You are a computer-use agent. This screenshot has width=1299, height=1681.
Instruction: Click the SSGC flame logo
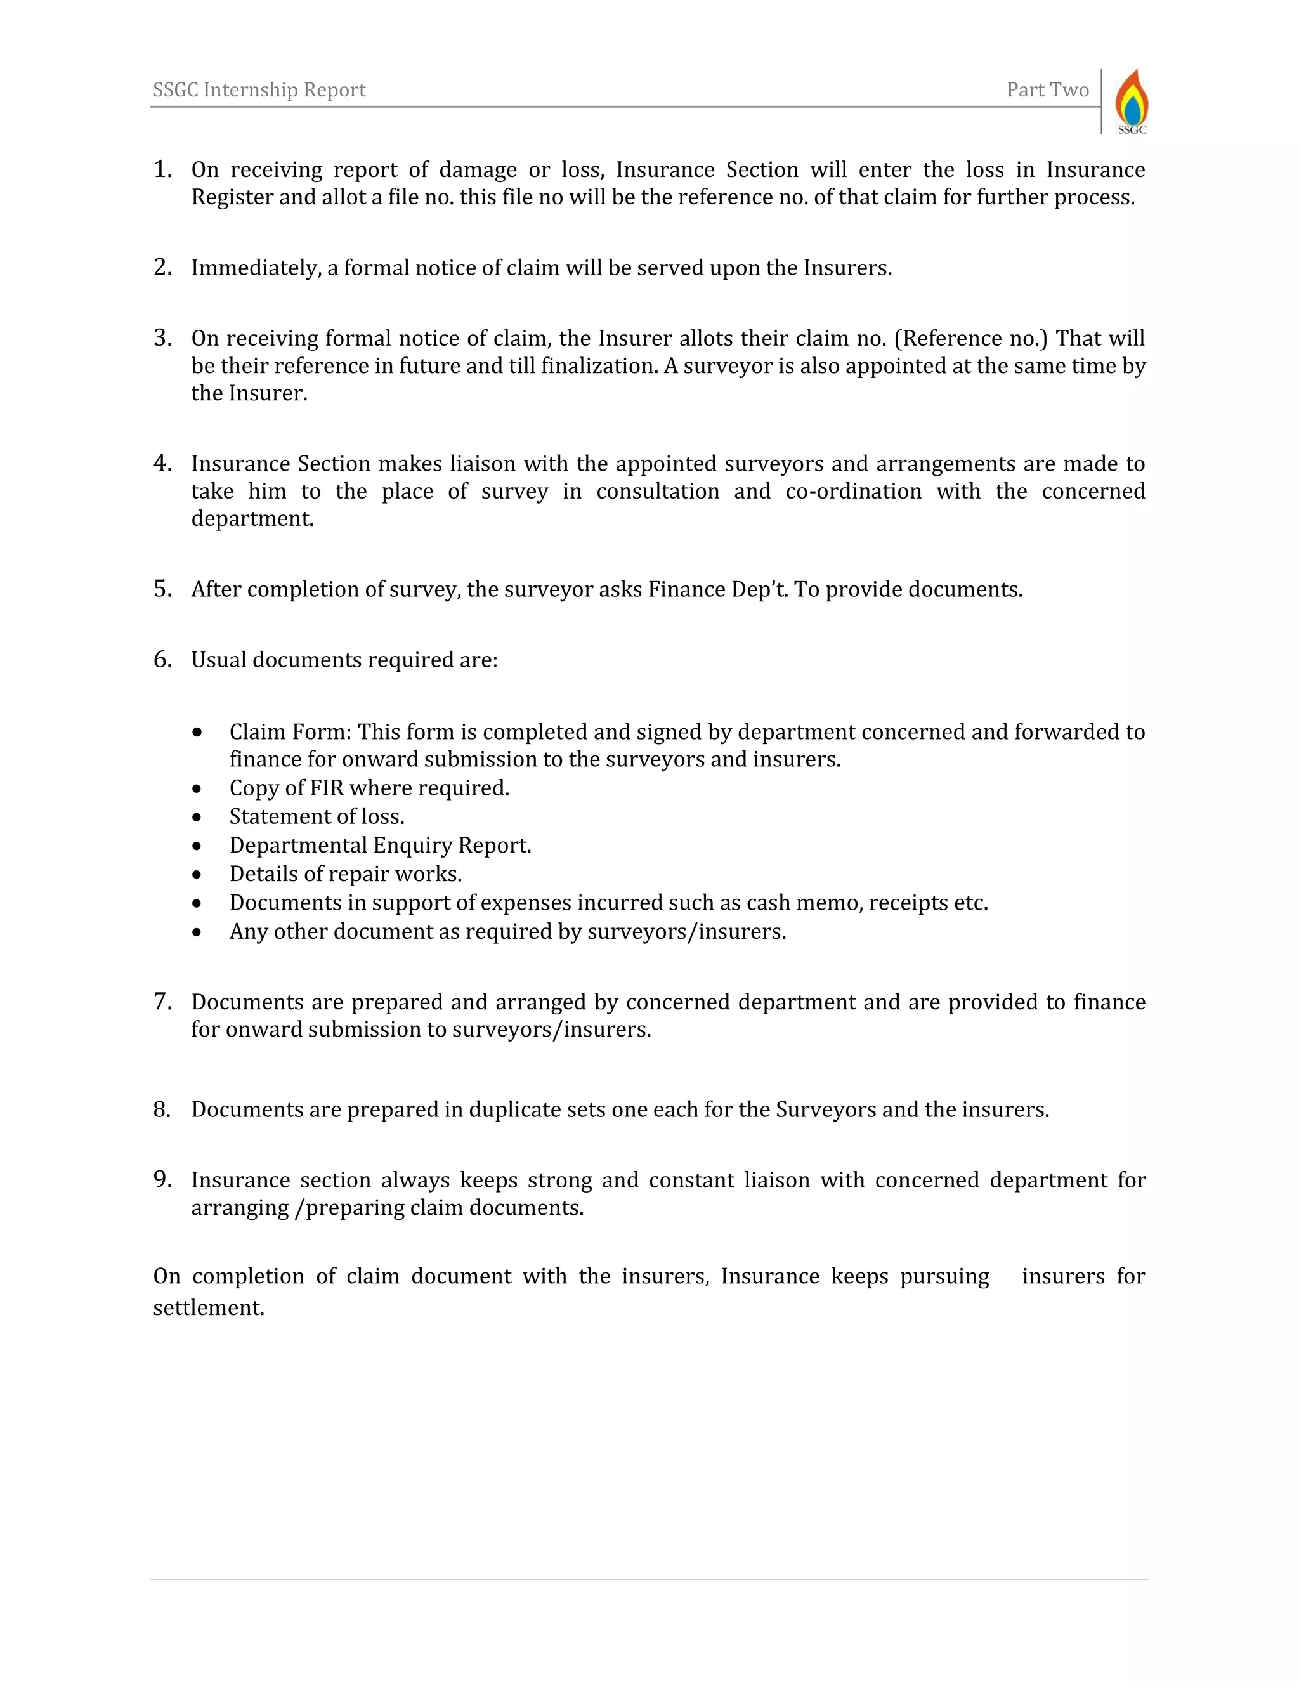[1132, 101]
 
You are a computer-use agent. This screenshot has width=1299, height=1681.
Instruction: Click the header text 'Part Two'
[1047, 90]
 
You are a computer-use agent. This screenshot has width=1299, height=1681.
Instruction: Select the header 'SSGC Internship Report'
[259, 90]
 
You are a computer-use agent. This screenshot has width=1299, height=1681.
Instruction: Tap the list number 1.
[162, 169]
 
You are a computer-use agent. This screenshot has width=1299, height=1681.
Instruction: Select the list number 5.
[162, 589]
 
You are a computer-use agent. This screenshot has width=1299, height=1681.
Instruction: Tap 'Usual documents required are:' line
[344, 660]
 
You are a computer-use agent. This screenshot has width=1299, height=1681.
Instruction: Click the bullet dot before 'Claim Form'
[198, 732]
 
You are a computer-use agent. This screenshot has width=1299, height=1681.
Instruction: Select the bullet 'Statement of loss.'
[317, 816]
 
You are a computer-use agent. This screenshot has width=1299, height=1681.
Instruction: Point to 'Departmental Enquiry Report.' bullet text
[380, 845]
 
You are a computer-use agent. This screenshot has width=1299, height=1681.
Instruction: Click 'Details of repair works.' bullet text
[345, 874]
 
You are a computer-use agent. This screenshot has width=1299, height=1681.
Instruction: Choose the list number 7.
[162, 1002]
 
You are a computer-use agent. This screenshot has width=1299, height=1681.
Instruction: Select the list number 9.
[162, 1179]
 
